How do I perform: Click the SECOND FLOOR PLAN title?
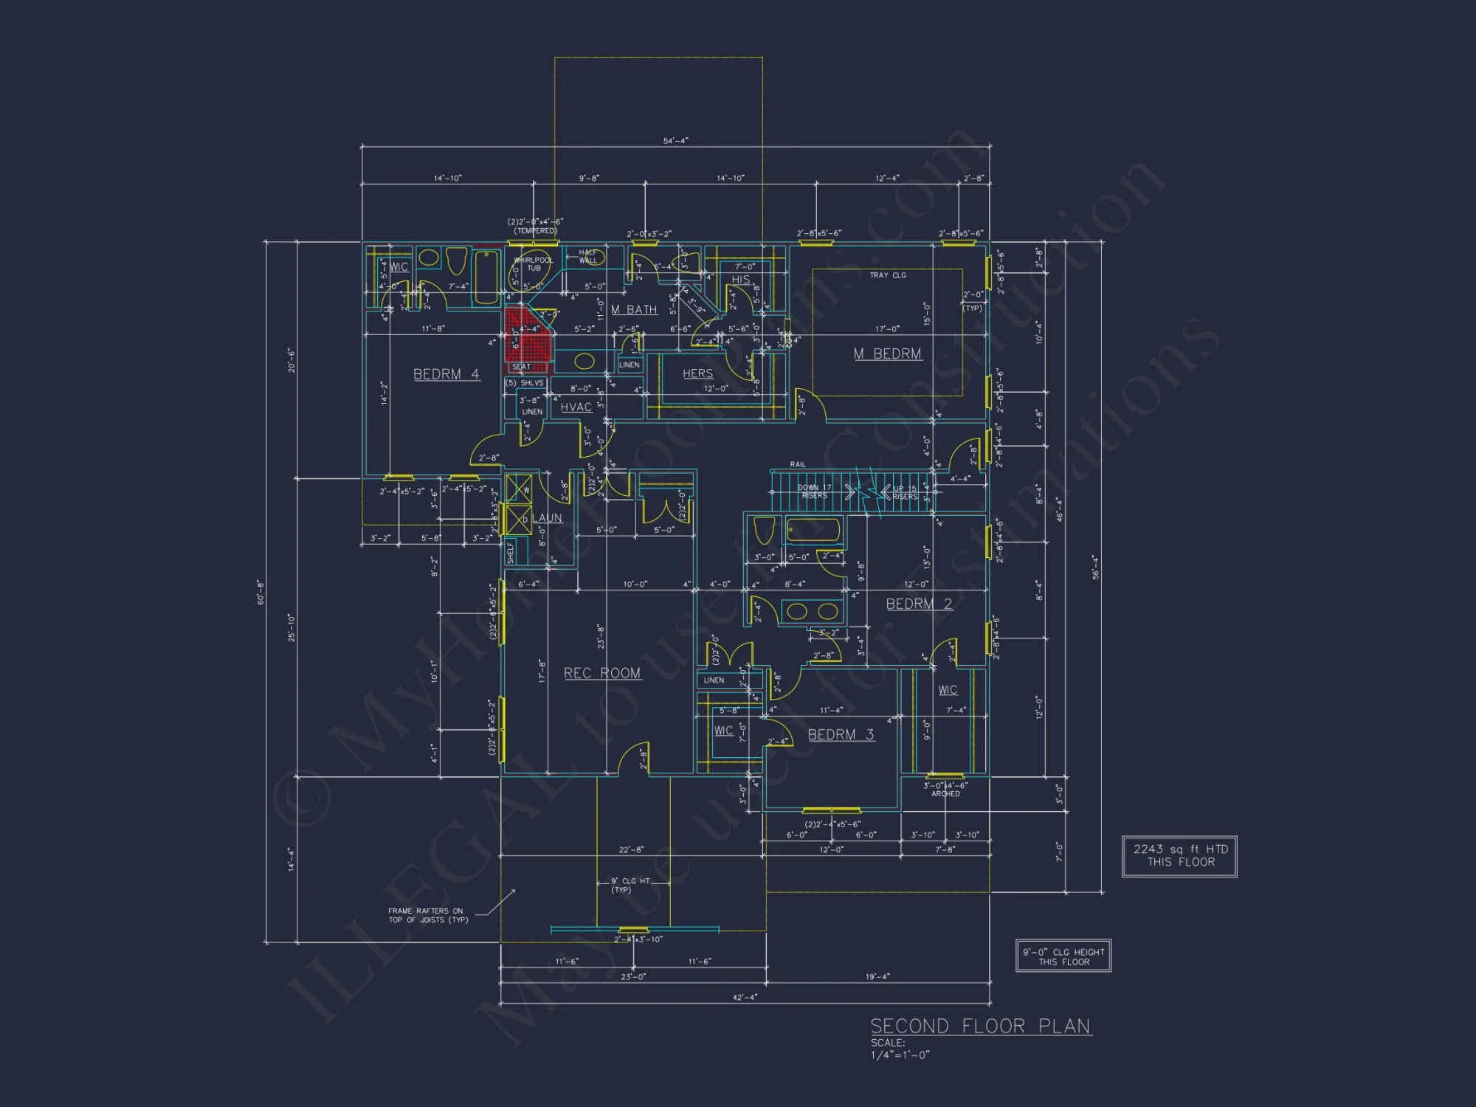coord(980,1027)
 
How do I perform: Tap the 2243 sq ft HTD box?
coord(1179,856)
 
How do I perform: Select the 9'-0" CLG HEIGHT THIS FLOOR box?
coord(1063,956)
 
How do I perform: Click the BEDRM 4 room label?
coord(446,374)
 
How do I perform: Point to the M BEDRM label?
coord(887,354)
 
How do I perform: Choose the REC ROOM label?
coord(602,673)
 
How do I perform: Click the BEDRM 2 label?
coord(918,604)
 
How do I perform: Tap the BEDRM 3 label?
coord(841,734)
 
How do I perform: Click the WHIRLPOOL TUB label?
coord(533,263)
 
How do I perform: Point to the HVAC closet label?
coord(576,407)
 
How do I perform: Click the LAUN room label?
coord(547,518)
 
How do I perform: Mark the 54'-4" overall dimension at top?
coord(675,140)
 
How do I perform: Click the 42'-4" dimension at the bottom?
coord(745,997)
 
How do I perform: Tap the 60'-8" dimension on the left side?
coord(261,592)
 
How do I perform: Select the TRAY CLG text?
coord(887,275)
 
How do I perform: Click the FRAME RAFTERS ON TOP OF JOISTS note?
coord(428,915)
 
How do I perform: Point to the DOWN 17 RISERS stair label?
coord(814,492)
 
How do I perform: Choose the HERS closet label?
coord(697,373)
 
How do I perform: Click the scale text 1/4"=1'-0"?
coord(900,1055)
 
